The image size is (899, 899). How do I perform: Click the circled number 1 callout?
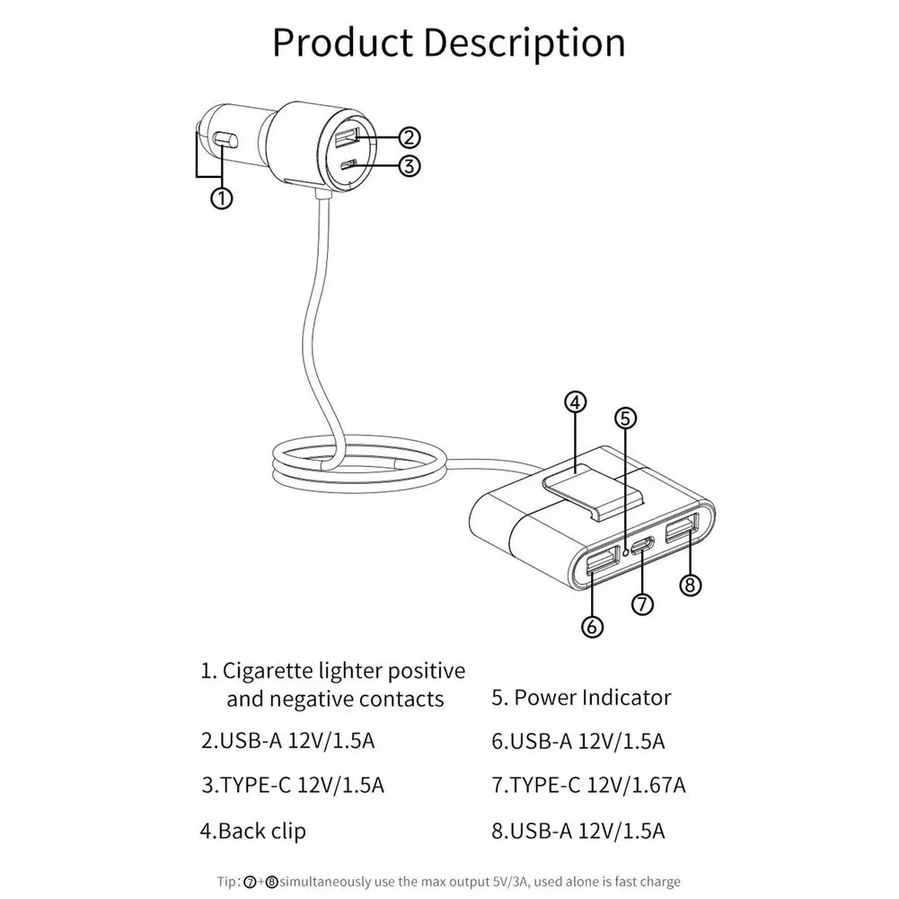[x=222, y=198]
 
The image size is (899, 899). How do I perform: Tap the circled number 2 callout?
[x=409, y=137]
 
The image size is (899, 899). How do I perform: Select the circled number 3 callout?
[x=409, y=165]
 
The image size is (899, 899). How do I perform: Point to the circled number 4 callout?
[x=577, y=401]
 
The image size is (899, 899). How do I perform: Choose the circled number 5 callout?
[x=626, y=418]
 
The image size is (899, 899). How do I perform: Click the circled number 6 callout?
[x=592, y=627]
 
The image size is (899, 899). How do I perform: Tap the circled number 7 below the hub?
[x=642, y=604]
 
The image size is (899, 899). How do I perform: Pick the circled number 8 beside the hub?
[x=690, y=586]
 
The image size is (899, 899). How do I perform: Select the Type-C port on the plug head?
[x=348, y=165]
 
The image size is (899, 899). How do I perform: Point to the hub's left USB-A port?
[x=602, y=564]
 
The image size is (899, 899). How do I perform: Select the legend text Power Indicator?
[x=593, y=697]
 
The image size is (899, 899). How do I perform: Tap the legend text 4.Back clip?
[x=253, y=831]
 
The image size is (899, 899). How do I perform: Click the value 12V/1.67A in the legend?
[x=636, y=785]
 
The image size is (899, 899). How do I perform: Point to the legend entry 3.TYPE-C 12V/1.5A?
[x=293, y=785]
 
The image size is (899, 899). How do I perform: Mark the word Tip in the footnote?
[x=225, y=881]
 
